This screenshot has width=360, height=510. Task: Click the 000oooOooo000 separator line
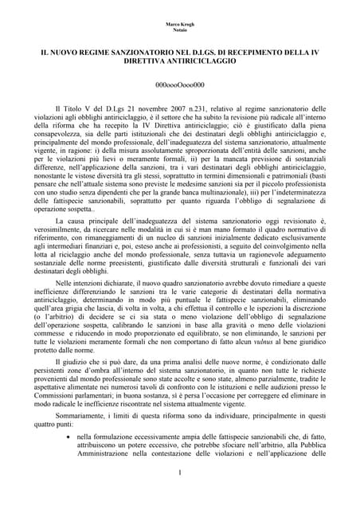pos(179,83)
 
